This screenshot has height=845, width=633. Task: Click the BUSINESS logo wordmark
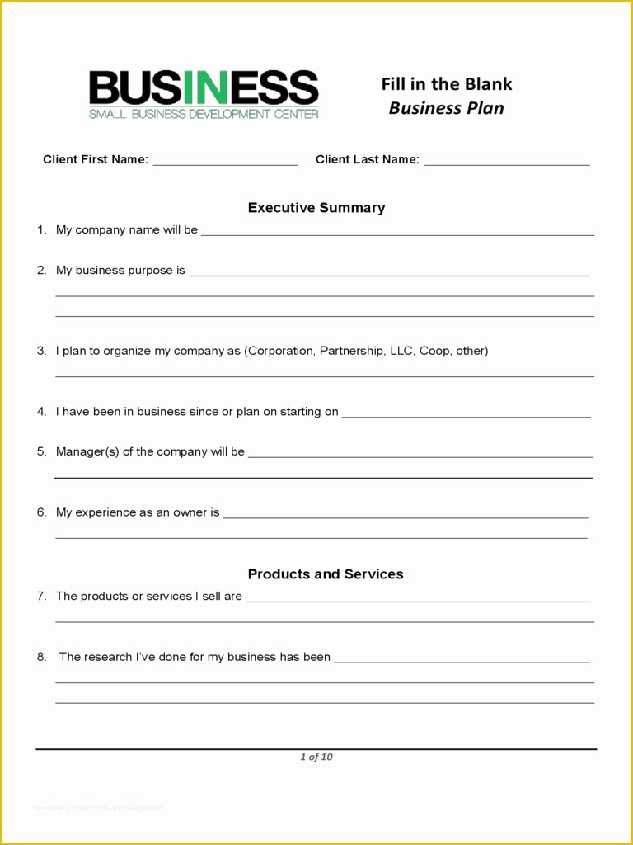tap(203, 87)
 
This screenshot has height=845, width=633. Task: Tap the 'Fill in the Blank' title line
tap(446, 84)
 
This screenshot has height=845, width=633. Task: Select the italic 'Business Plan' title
tap(446, 108)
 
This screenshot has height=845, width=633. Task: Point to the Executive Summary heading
tap(316, 208)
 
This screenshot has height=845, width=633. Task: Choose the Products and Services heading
tap(326, 574)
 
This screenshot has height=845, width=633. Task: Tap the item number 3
tap(41, 351)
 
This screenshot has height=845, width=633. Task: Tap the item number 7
tap(41, 596)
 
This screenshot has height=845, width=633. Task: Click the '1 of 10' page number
tap(316, 757)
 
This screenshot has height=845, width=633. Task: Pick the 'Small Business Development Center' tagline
tap(203, 114)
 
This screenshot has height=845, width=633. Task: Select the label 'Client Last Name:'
tap(368, 159)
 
